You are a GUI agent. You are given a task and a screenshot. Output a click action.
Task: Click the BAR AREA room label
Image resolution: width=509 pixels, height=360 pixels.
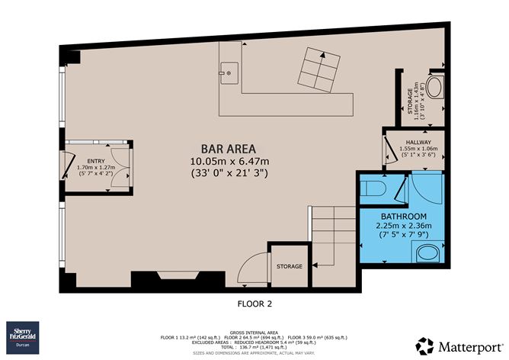tap(229, 149)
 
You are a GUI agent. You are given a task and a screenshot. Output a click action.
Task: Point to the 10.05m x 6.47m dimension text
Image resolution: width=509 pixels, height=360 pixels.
tap(229, 161)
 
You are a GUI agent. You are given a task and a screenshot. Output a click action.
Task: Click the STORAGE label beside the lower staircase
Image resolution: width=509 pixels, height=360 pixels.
tap(289, 266)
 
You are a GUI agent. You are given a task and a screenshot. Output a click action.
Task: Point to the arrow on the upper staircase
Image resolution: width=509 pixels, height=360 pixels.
tap(323, 55)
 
